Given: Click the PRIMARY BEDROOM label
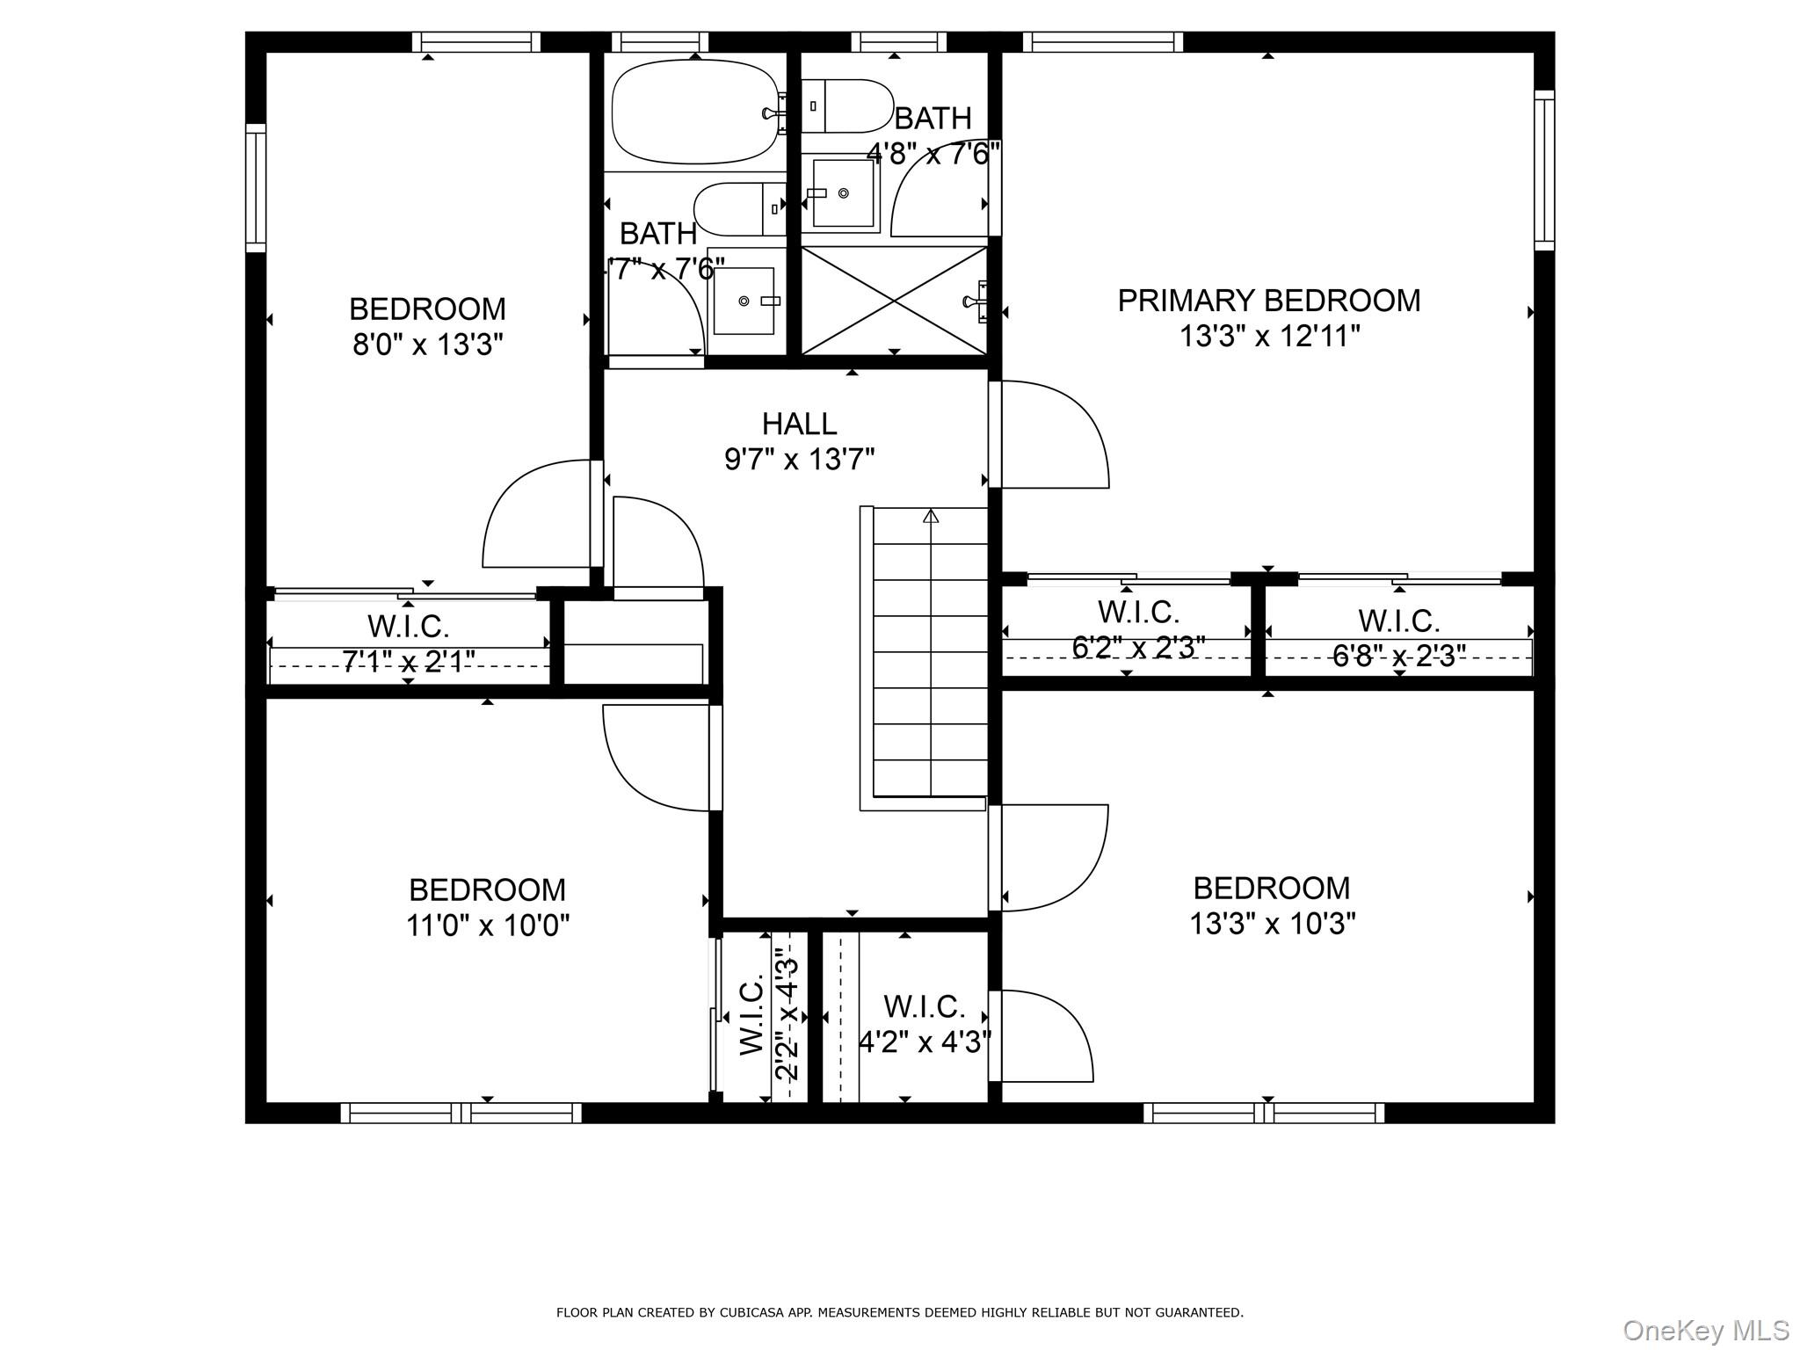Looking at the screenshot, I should (1268, 301).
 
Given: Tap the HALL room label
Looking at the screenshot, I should (799, 424).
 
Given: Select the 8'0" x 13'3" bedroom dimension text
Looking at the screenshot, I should (428, 345).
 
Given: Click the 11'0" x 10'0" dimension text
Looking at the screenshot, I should (488, 925).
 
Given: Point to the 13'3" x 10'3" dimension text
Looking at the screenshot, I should (1272, 924).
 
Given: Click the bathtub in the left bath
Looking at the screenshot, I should (694, 112).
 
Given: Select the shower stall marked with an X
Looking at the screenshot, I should (894, 301).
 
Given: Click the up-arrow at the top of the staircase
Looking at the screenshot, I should (931, 516).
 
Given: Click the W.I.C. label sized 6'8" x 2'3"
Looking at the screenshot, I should (1399, 621).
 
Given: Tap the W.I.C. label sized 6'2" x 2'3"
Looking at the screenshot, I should (1138, 611).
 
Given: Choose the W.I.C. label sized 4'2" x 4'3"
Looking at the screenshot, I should (924, 1005).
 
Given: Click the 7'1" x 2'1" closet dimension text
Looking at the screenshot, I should (409, 661).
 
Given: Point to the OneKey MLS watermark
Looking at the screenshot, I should (1705, 1330).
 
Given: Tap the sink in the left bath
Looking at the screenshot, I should (744, 301).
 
